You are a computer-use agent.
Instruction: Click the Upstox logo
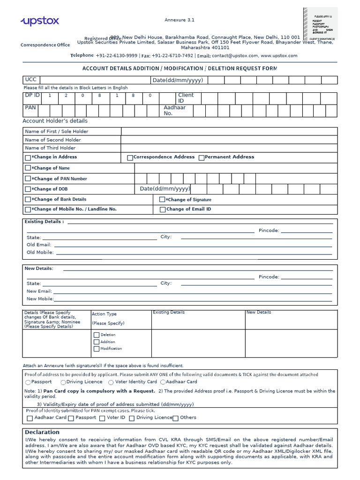point(40,21)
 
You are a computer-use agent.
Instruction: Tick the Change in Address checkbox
point(28,157)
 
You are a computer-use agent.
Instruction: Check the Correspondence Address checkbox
point(130,158)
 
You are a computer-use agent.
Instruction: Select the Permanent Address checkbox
point(201,158)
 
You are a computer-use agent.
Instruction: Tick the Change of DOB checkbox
point(28,189)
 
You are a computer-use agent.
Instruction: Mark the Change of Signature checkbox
point(162,200)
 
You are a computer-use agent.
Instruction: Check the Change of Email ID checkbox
point(162,210)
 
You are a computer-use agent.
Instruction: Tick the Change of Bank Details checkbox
point(28,200)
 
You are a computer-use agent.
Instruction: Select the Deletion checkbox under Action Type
point(97,335)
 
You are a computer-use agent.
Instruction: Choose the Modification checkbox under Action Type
point(97,349)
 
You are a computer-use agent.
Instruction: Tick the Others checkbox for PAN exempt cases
point(175,418)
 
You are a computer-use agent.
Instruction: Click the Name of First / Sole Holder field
point(229,132)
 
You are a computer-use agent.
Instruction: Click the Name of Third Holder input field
point(229,148)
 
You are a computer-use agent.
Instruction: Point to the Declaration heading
point(42,432)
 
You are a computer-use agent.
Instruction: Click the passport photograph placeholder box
point(320,23)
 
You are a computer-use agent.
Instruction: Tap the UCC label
point(30,80)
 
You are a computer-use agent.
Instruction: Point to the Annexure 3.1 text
point(179,20)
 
